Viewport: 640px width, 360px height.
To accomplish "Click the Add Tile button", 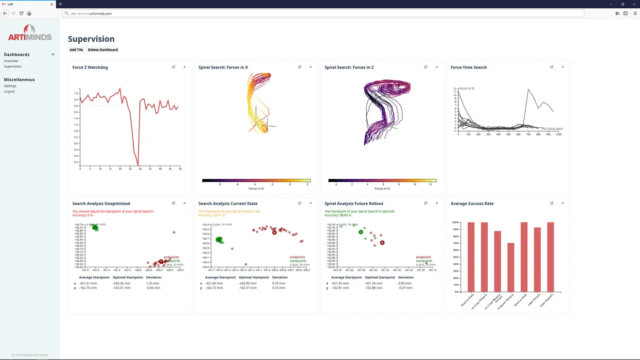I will pyautogui.click(x=76, y=50).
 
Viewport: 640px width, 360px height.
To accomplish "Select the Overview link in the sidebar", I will pyautogui.click(x=11, y=61).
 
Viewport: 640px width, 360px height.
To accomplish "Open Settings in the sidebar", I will pyautogui.click(x=10, y=86).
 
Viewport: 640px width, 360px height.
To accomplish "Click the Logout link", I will pyautogui.click(x=9, y=92).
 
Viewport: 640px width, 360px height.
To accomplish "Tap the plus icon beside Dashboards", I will pyautogui.click(x=53, y=55).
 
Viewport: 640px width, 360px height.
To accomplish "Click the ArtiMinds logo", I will pyautogui.click(x=30, y=33).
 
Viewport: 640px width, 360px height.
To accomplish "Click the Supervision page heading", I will pyautogui.click(x=91, y=39).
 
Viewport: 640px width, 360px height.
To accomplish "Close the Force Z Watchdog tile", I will pyautogui.click(x=185, y=67).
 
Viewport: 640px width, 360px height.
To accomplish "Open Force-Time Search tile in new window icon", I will pyautogui.click(x=552, y=67).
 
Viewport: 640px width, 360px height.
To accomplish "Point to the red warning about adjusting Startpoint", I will pyautogui.click(x=113, y=211).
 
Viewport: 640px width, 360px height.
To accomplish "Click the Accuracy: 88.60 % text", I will pyautogui.click(x=338, y=215).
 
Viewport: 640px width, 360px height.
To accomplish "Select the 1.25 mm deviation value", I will pyautogui.click(x=153, y=283).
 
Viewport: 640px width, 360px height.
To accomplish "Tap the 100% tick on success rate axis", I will pyautogui.click(x=455, y=223).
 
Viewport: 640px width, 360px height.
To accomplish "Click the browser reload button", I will pyautogui.click(x=21, y=13).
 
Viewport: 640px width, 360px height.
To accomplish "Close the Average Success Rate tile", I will pyautogui.click(x=563, y=203).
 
